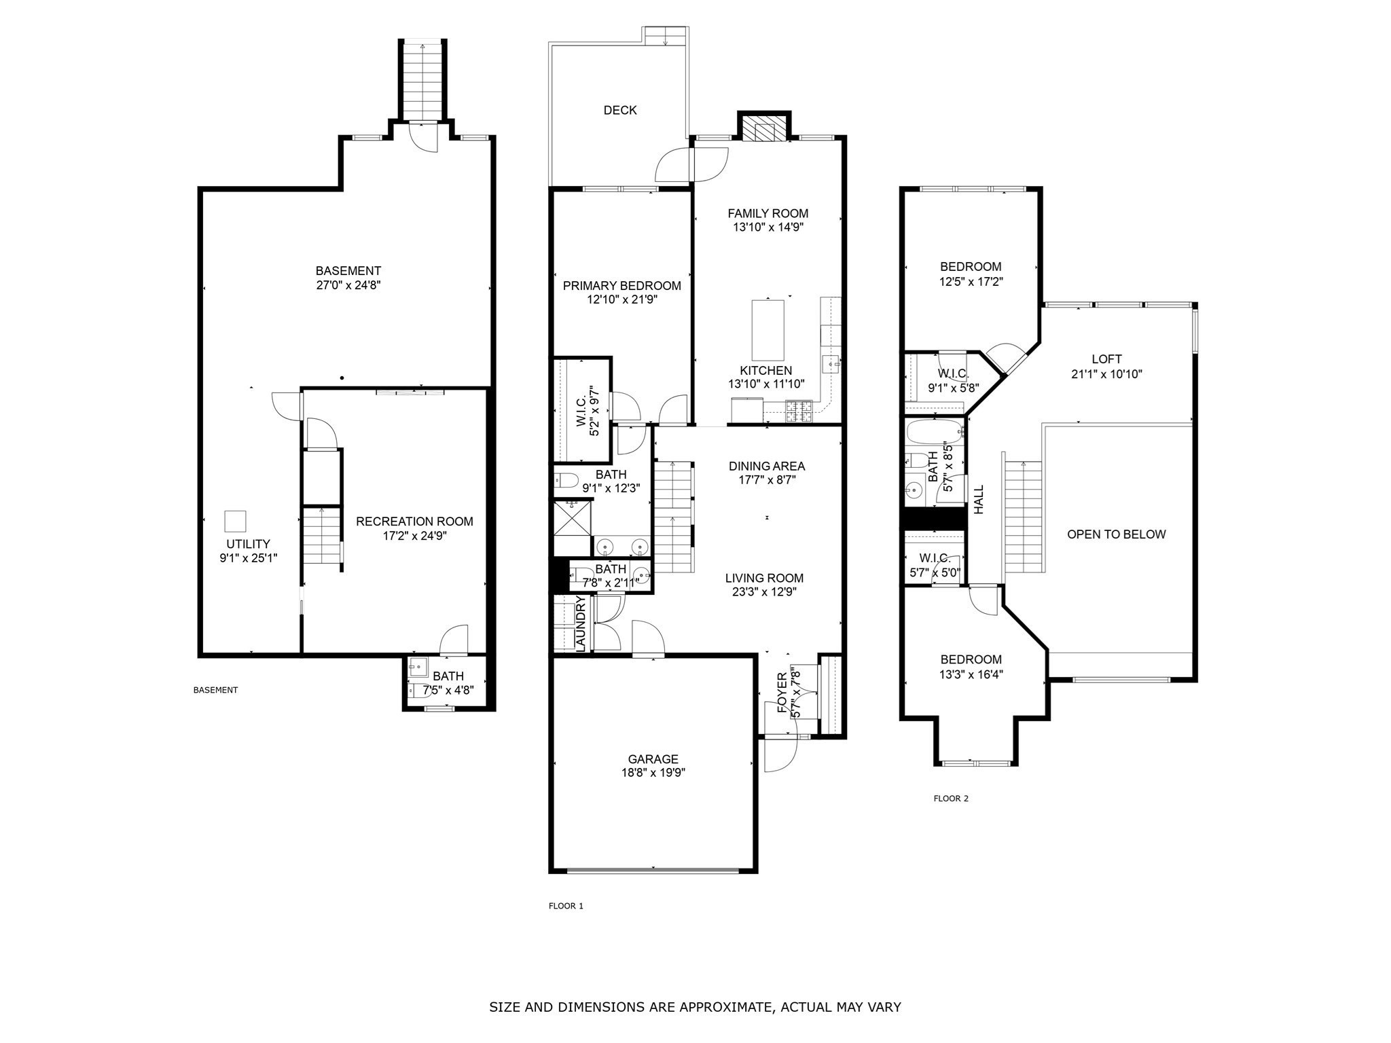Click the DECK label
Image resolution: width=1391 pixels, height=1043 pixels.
tap(620, 110)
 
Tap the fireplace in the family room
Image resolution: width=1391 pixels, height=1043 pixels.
tap(764, 128)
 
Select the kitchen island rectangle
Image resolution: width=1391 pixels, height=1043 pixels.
tap(767, 330)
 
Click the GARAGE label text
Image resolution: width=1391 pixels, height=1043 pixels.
tap(653, 759)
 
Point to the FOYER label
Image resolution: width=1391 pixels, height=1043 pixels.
tap(782, 693)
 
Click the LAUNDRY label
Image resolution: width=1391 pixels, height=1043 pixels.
tap(581, 623)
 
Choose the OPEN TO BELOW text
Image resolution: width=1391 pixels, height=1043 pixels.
tap(1116, 534)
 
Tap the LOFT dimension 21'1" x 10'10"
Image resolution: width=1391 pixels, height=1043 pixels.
tap(1106, 373)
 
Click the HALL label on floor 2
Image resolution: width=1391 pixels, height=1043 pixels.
tap(979, 499)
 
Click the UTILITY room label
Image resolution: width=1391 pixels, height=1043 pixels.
tap(248, 544)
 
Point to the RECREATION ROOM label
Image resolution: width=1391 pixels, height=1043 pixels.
tap(414, 521)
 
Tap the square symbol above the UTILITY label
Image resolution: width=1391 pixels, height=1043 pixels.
tap(235, 521)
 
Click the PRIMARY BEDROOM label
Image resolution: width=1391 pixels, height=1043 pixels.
tap(621, 286)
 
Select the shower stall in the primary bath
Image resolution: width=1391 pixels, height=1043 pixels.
tap(573, 518)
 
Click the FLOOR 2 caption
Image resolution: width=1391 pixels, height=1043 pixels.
tap(951, 799)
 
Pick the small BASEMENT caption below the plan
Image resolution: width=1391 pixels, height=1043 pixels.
tap(215, 690)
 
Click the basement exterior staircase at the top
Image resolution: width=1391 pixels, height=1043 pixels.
tap(422, 80)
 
